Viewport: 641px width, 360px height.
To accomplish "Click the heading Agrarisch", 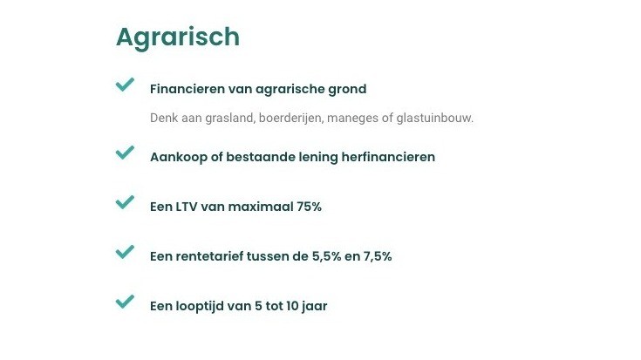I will point(177,37).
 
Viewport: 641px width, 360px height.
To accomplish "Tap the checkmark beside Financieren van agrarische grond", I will point(125,85).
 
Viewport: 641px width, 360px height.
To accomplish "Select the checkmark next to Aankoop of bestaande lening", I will point(125,153).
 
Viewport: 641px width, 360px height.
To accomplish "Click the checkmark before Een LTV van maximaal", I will point(125,203).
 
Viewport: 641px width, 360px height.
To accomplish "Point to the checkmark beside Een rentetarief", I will point(125,253).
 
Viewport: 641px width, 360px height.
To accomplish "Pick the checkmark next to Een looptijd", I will point(125,302).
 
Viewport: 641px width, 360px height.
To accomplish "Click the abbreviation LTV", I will point(189,207).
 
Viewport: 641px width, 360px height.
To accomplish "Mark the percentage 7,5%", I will point(376,256).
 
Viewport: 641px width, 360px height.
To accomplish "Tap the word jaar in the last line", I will point(313,306).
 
